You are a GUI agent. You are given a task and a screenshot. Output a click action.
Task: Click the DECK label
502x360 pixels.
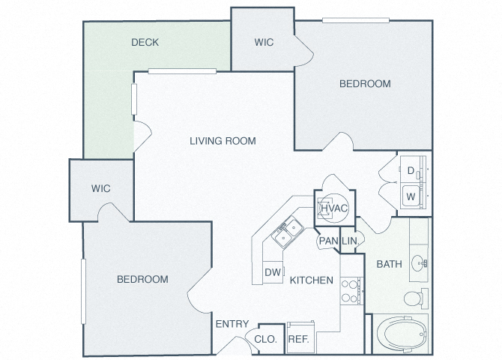click(x=145, y=42)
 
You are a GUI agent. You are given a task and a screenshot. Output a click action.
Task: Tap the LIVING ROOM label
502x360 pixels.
click(x=223, y=141)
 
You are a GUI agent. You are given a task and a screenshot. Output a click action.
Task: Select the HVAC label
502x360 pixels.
click(x=334, y=208)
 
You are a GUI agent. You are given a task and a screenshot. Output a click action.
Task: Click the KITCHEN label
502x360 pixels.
click(x=312, y=280)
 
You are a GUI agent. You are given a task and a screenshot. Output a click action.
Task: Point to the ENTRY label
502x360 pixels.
click(x=232, y=324)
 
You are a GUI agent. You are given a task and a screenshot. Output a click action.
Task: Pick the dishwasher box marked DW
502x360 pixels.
click(x=273, y=272)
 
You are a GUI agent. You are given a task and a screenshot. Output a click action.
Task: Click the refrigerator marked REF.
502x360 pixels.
click(x=300, y=337)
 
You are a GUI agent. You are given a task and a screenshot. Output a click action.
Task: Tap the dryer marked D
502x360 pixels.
click(x=413, y=169)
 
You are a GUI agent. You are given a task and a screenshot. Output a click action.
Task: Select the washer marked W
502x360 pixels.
click(x=413, y=196)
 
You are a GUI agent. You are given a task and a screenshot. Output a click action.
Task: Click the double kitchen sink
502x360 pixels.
click(x=288, y=232)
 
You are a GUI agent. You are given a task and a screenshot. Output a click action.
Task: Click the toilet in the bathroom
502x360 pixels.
click(x=416, y=298)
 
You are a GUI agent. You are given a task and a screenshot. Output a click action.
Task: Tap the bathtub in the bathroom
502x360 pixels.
click(x=402, y=334)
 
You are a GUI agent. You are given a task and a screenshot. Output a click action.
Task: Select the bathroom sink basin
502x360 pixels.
click(x=418, y=263)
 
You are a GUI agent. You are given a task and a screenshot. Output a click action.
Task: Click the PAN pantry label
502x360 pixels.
click(x=328, y=241)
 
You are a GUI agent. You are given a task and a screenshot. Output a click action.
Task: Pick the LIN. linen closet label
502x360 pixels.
click(x=350, y=241)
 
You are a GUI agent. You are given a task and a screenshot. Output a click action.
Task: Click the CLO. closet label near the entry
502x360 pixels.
click(x=265, y=339)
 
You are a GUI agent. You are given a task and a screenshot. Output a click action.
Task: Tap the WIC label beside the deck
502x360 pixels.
click(x=264, y=42)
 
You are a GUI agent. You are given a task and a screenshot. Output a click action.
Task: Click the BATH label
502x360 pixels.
click(x=390, y=264)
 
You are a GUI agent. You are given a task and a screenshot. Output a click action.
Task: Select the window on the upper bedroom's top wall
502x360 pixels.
click(x=356, y=20)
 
